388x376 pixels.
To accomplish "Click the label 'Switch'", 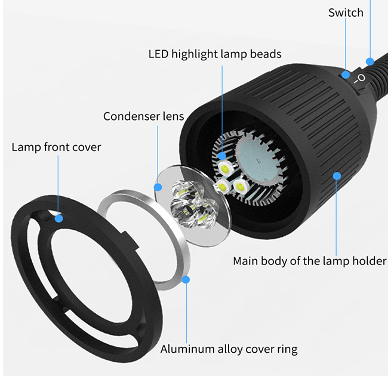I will click(x=346, y=13).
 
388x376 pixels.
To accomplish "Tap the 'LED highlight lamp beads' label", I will click(x=214, y=54).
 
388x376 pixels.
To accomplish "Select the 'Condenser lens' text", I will click(x=143, y=116).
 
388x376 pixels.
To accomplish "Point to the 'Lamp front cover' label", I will click(x=56, y=147).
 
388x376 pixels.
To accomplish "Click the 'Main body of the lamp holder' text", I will click(x=309, y=261).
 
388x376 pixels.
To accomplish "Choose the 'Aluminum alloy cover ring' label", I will click(x=229, y=349).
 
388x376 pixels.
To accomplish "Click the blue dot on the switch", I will click(x=346, y=75).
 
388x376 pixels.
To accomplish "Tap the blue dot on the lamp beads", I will click(x=223, y=156).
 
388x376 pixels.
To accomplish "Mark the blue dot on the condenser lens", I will click(x=158, y=187).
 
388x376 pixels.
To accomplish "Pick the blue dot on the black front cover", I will click(x=58, y=218).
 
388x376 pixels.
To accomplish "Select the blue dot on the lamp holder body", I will click(x=337, y=175).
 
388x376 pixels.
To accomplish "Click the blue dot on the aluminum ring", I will click(x=187, y=279).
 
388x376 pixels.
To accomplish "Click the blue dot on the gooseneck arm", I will click(x=371, y=60).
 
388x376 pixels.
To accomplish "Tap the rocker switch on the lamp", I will click(x=357, y=80).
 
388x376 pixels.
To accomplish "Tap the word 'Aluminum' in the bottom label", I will click(x=185, y=349).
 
